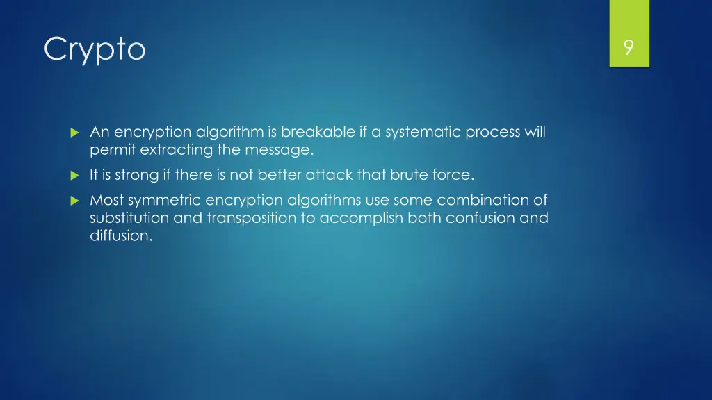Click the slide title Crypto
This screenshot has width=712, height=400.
[x=95, y=49]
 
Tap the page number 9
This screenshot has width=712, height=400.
[x=629, y=47]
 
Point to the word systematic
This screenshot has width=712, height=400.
[x=422, y=132]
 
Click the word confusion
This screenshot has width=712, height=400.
[x=473, y=218]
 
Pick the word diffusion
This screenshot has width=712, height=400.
[x=120, y=235]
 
